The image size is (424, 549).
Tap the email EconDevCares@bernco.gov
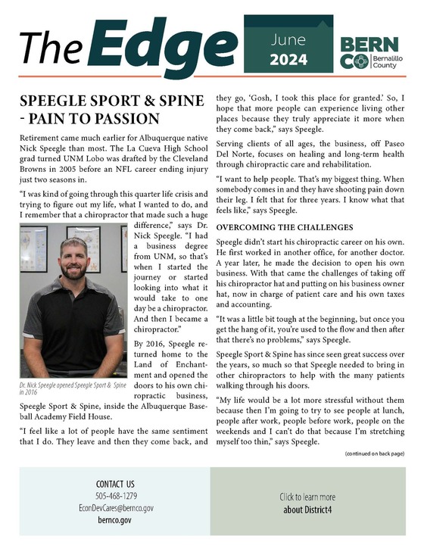click(116, 508)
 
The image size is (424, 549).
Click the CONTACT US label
click(116, 484)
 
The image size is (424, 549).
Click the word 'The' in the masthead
click(50, 47)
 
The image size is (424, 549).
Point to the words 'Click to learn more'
click(312, 497)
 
